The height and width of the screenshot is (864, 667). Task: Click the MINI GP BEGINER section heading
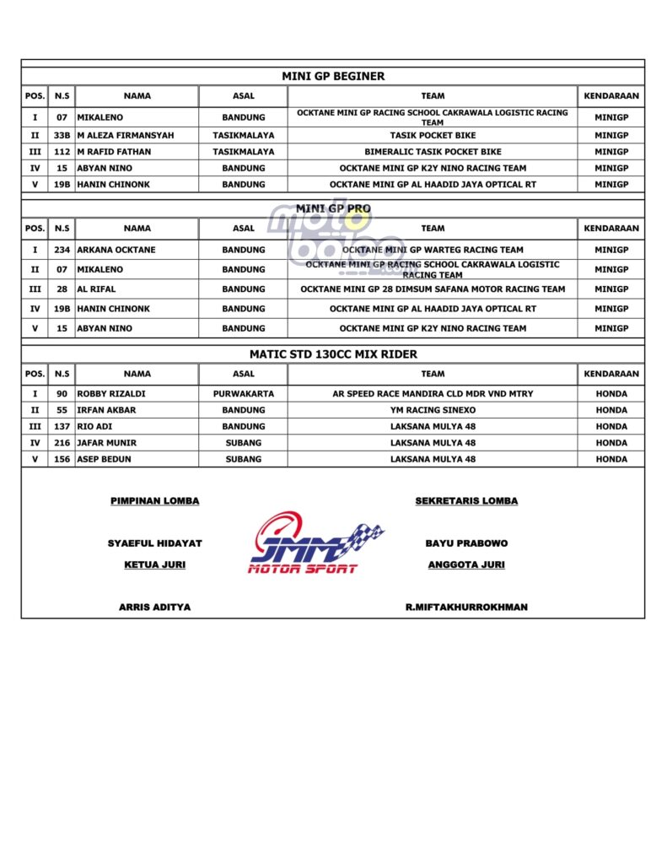point(333,76)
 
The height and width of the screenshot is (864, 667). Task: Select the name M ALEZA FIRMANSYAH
point(126,135)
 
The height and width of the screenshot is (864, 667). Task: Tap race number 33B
point(62,135)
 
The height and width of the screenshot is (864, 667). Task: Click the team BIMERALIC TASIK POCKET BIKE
point(433,152)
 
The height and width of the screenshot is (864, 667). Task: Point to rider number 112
point(62,152)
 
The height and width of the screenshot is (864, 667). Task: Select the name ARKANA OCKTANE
point(116,250)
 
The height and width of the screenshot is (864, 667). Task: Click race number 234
point(62,250)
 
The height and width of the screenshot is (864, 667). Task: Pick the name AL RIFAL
point(96,289)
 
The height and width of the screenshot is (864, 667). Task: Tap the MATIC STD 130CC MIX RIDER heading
point(333,354)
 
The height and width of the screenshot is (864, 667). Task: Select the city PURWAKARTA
point(243,393)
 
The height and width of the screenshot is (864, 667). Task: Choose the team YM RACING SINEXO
point(433,410)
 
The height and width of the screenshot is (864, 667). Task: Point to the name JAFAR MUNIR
point(107,442)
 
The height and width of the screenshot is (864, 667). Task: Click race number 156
point(62,459)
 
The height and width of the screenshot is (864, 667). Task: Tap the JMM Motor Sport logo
point(316,544)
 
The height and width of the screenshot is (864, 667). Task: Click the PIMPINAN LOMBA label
point(155,501)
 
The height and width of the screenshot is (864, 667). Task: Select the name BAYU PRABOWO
point(466,543)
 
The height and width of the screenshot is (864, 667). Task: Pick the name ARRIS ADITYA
point(154,607)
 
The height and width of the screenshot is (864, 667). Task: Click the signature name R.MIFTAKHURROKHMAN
point(466,607)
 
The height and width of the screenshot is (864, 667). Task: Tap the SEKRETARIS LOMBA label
point(466,501)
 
